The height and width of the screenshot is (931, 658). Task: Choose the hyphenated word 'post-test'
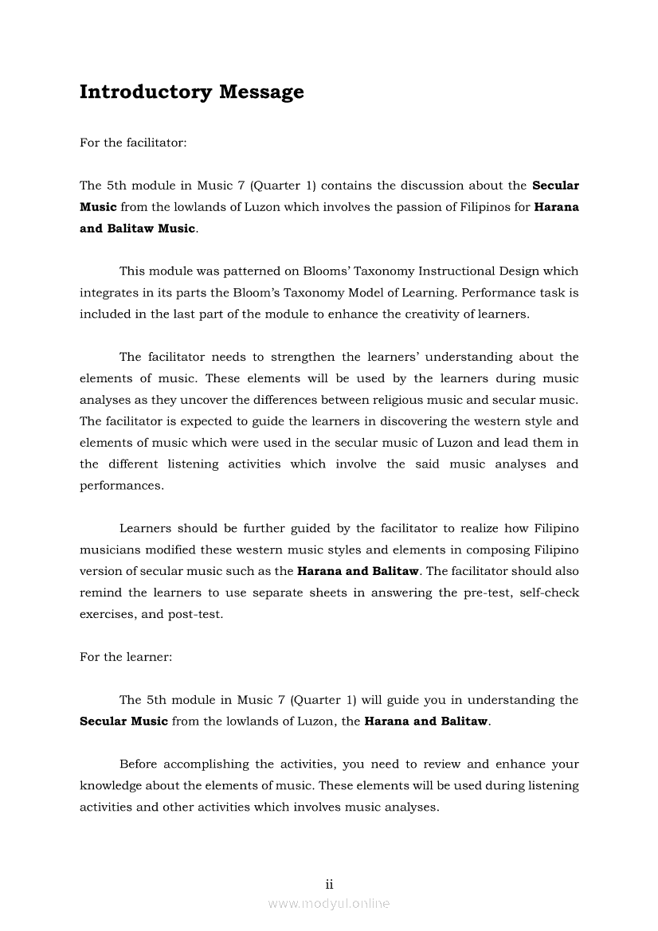(x=195, y=614)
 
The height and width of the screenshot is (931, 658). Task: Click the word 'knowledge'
(x=112, y=785)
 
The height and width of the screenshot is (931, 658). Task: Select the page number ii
(x=329, y=884)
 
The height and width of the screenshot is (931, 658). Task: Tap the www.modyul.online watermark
(x=329, y=904)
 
